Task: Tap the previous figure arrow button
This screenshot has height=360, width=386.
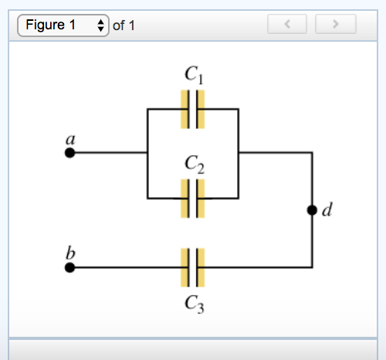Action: point(288,25)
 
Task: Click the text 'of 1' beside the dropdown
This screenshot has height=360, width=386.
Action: point(124,25)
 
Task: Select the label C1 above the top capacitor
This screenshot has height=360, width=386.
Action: point(193,75)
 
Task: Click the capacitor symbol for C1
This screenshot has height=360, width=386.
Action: point(192,109)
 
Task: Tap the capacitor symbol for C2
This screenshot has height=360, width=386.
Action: point(192,198)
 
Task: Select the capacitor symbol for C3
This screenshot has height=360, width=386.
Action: point(192,267)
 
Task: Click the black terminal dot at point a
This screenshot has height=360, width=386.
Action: point(69,153)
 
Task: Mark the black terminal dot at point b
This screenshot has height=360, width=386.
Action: point(69,268)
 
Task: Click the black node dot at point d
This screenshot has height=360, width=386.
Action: point(312,210)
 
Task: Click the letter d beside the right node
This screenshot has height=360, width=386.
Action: point(327,209)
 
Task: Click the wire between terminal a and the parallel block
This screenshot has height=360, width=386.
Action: point(108,153)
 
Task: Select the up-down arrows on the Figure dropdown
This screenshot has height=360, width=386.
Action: point(100,25)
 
